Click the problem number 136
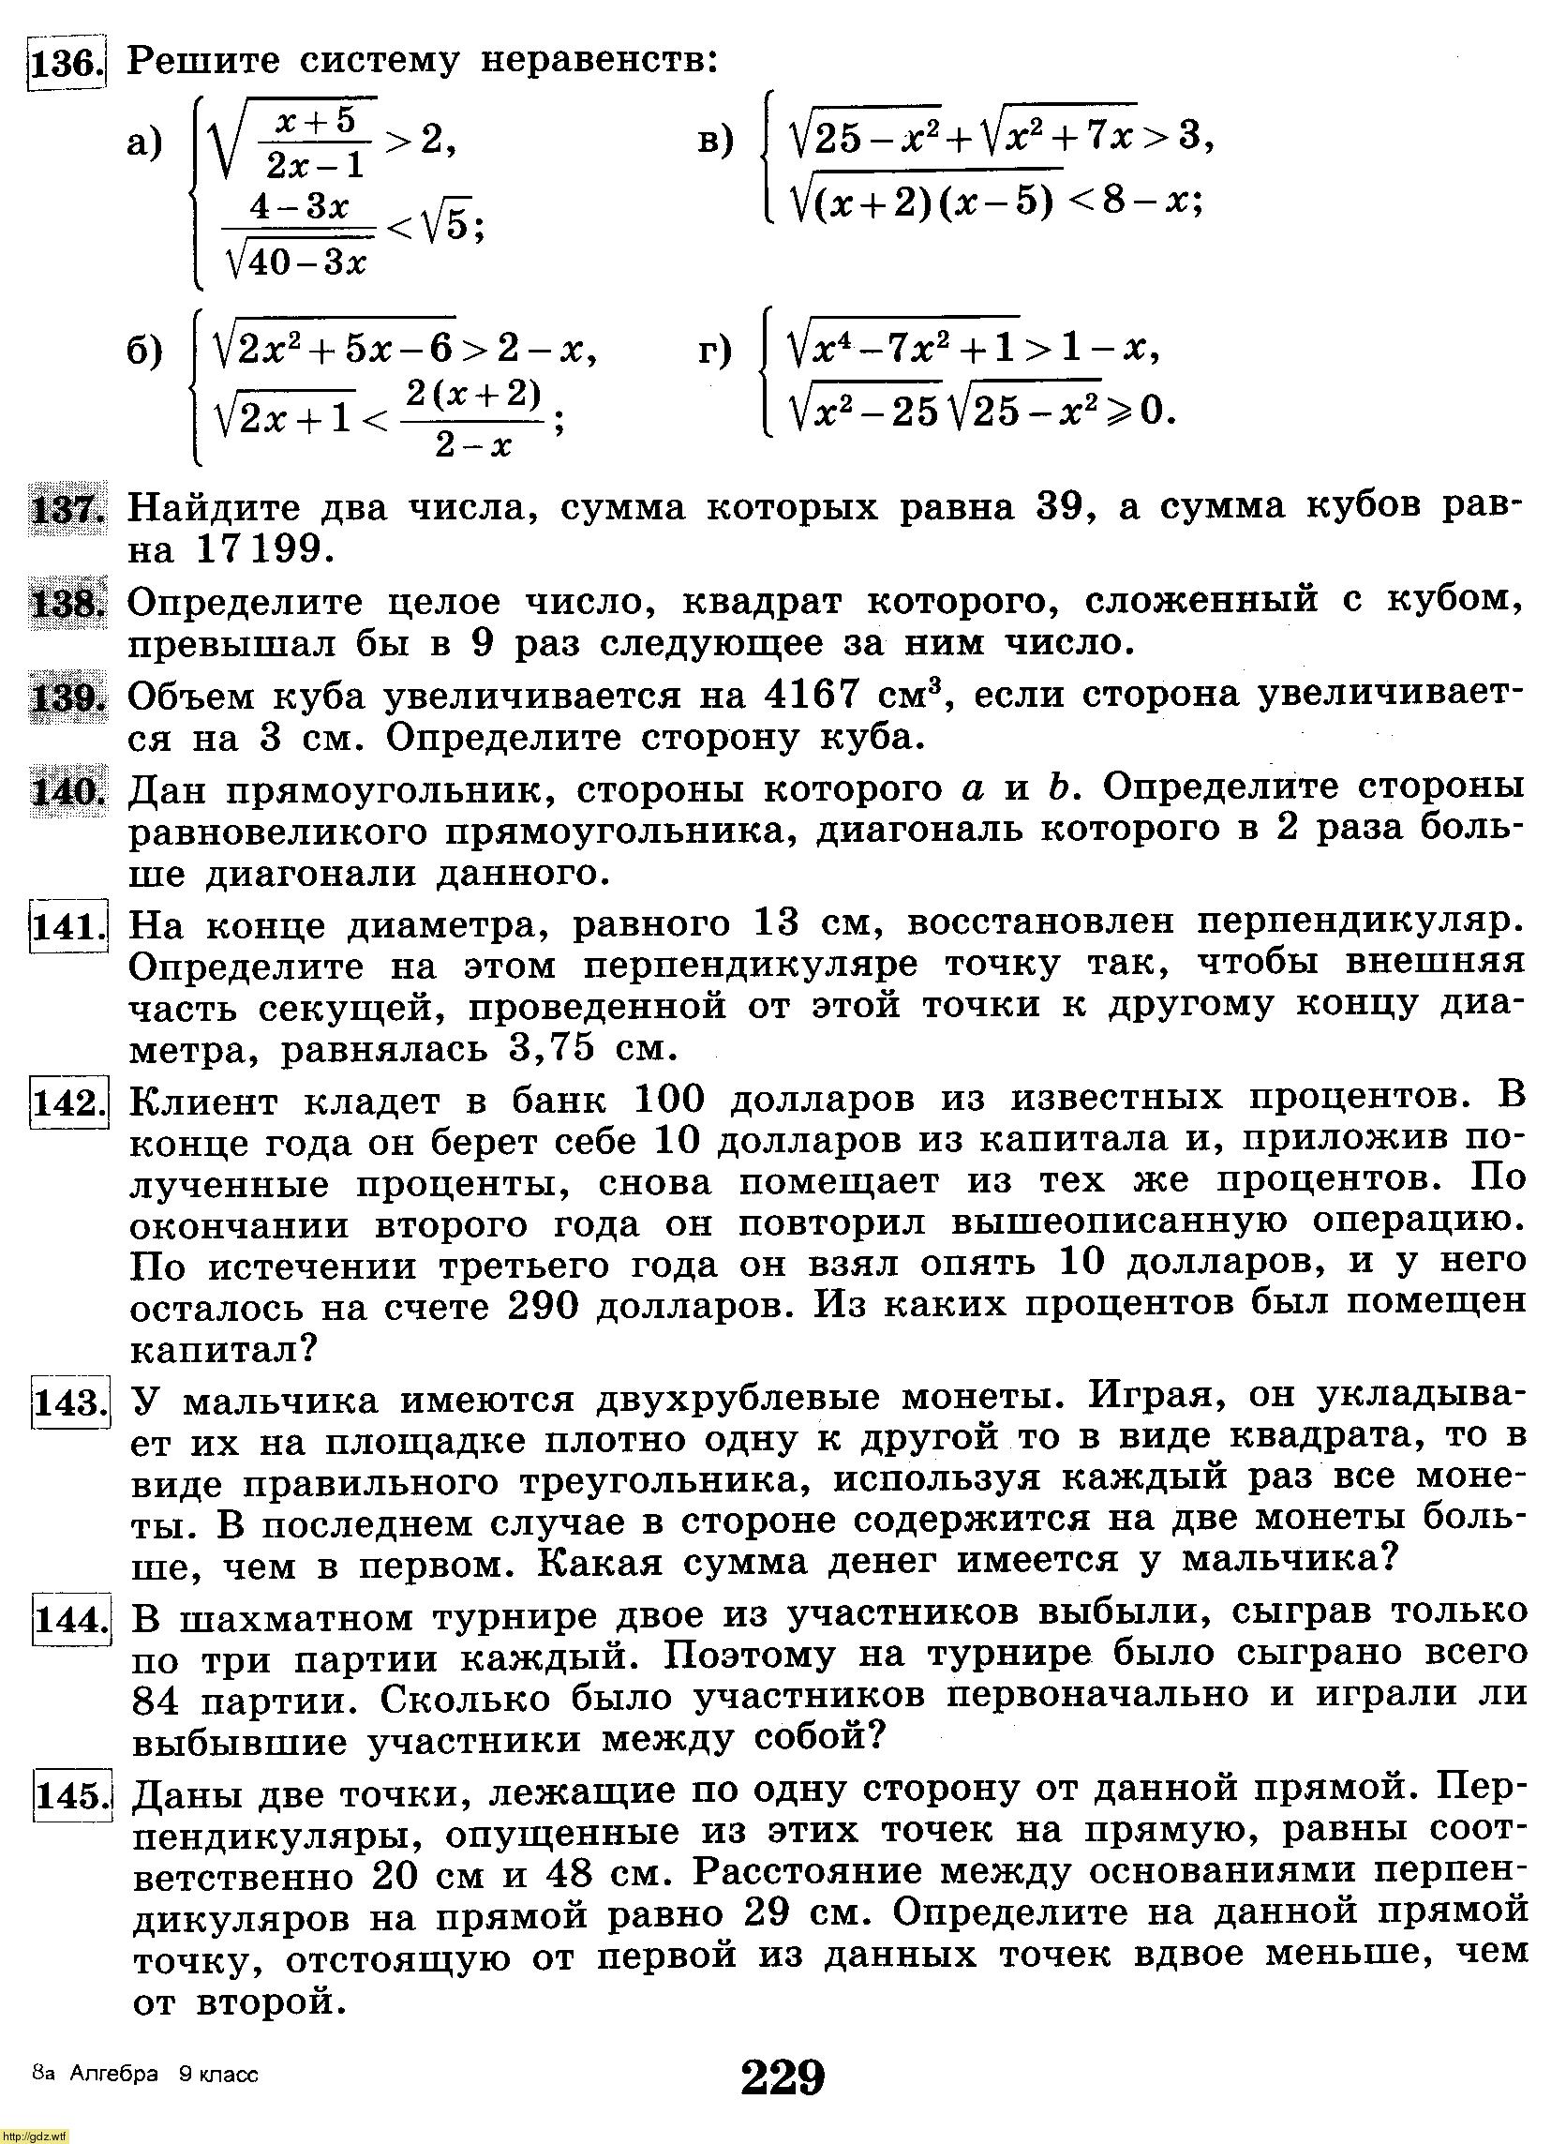(65, 63)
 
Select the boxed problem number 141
(67, 926)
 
